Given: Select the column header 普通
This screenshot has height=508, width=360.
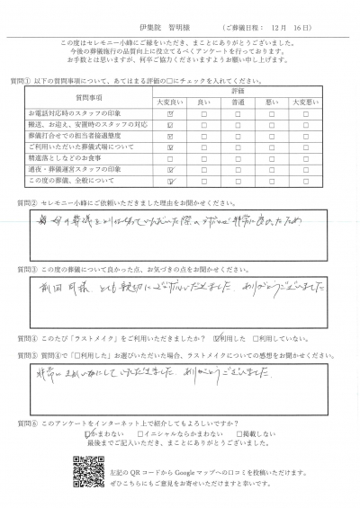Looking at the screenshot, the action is (238, 102).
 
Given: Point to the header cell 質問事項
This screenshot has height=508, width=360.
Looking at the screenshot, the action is (88, 97).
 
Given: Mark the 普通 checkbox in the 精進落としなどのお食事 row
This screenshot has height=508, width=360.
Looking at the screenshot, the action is (238, 155).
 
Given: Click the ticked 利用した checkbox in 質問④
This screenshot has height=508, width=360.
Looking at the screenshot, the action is (216, 339).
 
